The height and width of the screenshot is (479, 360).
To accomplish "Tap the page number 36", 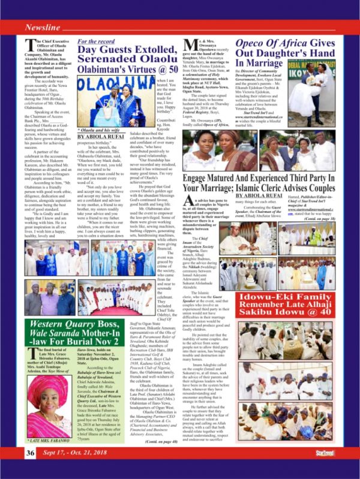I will point(31,468).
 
